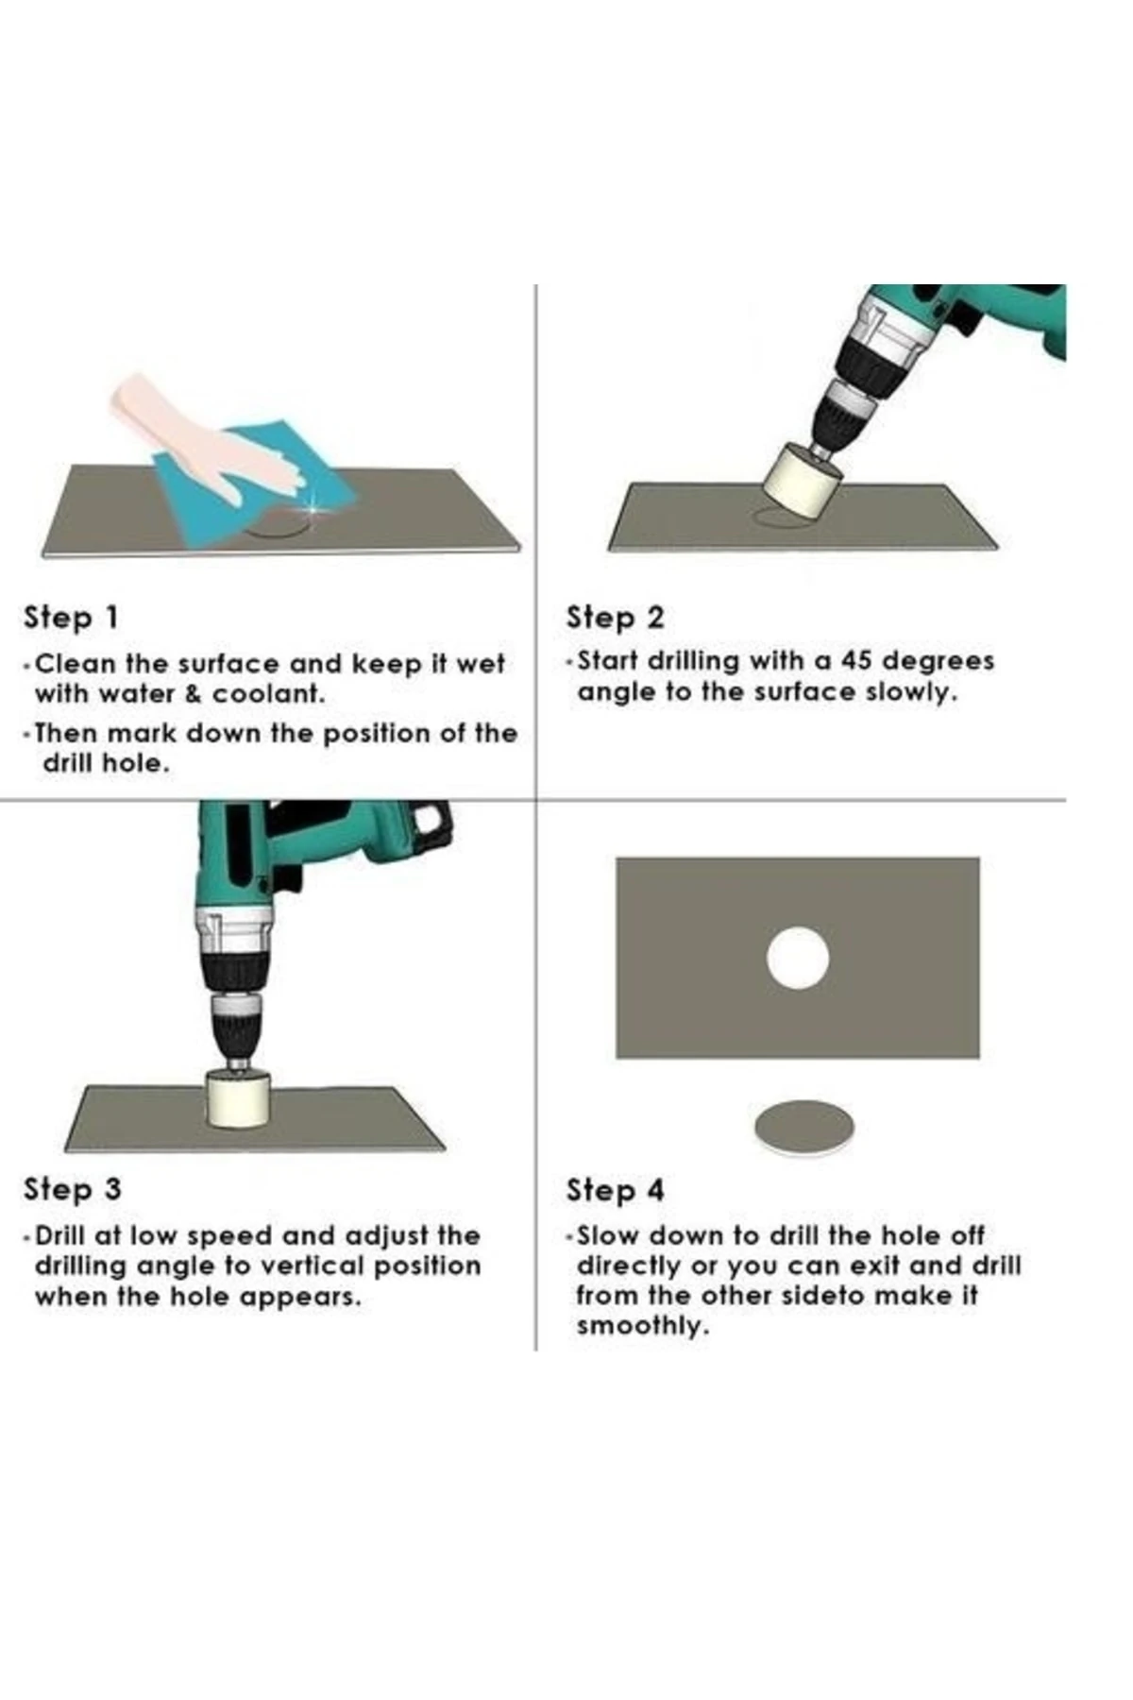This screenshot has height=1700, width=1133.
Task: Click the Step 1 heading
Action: tap(72, 618)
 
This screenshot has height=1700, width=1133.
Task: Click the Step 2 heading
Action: tap(615, 618)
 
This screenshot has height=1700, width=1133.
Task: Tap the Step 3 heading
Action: tap(73, 1189)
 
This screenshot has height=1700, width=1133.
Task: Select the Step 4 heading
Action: tap(615, 1190)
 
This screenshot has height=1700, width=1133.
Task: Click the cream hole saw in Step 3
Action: tap(238, 1098)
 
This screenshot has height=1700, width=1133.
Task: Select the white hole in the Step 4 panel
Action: tap(798, 958)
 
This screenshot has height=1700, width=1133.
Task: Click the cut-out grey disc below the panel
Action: tap(804, 1126)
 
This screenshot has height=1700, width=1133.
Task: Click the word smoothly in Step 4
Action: tap(642, 1326)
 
